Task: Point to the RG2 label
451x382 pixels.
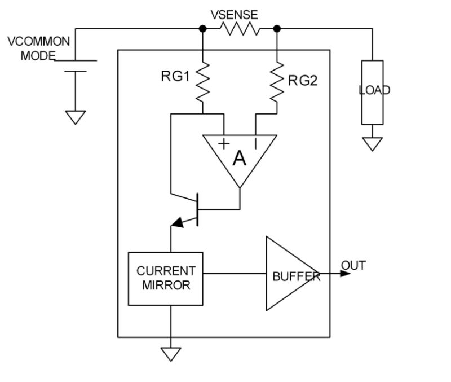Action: (x=303, y=81)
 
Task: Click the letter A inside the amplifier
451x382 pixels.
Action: (x=240, y=160)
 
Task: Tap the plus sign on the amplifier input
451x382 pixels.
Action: (x=224, y=143)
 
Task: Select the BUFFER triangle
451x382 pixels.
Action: (x=290, y=275)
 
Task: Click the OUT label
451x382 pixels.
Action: (x=353, y=265)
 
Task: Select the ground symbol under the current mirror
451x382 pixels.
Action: (x=170, y=353)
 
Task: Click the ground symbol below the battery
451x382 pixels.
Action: (x=75, y=116)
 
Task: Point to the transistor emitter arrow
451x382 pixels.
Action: (x=177, y=223)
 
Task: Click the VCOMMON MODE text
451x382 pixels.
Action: (x=38, y=49)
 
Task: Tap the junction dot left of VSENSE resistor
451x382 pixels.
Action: (x=202, y=28)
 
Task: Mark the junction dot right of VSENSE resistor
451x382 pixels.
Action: (x=276, y=28)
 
